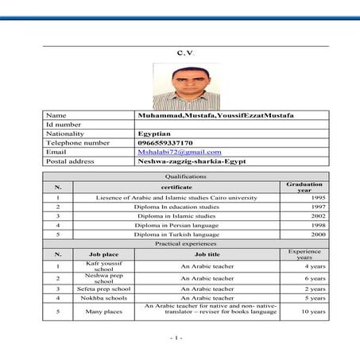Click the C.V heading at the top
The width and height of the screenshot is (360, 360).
tap(180, 52)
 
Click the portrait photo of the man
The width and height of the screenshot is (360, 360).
tap(180, 86)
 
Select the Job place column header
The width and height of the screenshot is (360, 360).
tap(104, 254)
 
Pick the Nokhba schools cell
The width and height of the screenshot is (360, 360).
tap(104, 298)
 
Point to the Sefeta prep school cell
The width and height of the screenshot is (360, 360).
tap(104, 288)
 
